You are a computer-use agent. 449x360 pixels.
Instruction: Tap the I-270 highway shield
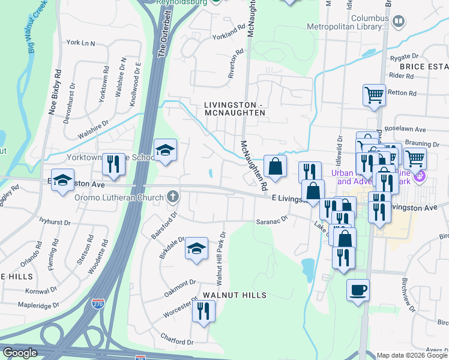coord(97,304)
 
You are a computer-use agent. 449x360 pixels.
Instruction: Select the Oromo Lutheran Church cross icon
coord(173,196)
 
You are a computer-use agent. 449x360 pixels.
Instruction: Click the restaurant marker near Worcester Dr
coord(203,311)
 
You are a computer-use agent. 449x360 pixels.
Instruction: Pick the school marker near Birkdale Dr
coord(196,248)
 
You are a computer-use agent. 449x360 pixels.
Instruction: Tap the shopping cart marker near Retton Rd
coord(374,95)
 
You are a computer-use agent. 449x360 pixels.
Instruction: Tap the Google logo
coord(20,353)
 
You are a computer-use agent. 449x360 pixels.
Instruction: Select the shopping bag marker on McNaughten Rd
coord(275,167)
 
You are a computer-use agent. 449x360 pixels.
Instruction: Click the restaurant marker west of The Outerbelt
coord(112,164)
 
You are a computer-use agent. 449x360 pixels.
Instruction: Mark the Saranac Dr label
coord(273,220)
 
